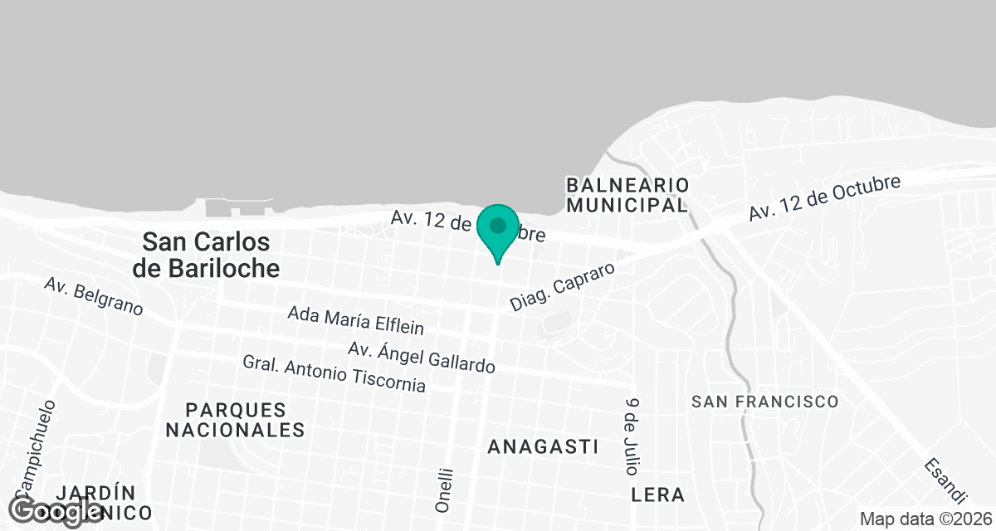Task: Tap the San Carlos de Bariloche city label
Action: coord(206,255)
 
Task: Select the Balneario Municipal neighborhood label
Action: coord(627,194)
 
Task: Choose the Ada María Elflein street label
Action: coord(355,319)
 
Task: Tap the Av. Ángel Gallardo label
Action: coord(422,356)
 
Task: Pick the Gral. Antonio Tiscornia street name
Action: coord(334,374)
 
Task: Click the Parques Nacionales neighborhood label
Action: coord(235,420)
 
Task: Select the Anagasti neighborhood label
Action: coord(543,446)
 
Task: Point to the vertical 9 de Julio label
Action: coord(633,435)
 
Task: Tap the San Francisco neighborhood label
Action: coord(765,402)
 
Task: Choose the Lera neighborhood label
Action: coord(658,495)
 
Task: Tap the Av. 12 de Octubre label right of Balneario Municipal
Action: coord(824,197)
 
